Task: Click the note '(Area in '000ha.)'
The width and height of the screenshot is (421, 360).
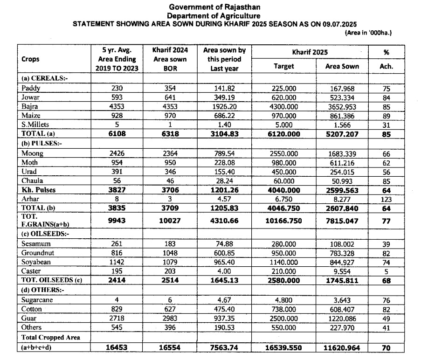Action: click(368, 33)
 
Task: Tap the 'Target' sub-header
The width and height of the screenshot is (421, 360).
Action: click(284, 66)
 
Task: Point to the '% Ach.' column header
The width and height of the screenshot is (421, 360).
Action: click(386, 59)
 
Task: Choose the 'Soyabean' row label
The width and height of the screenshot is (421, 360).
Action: click(35, 262)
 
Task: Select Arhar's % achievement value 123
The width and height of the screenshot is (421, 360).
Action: click(386, 199)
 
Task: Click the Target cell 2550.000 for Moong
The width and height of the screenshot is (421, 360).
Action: click(283, 153)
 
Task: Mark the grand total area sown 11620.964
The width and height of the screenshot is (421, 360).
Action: click(342, 347)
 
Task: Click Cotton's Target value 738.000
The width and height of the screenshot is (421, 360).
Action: click(283, 309)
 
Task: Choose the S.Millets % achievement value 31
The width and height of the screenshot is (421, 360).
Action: click(386, 125)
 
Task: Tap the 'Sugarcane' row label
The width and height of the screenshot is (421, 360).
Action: click(37, 299)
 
